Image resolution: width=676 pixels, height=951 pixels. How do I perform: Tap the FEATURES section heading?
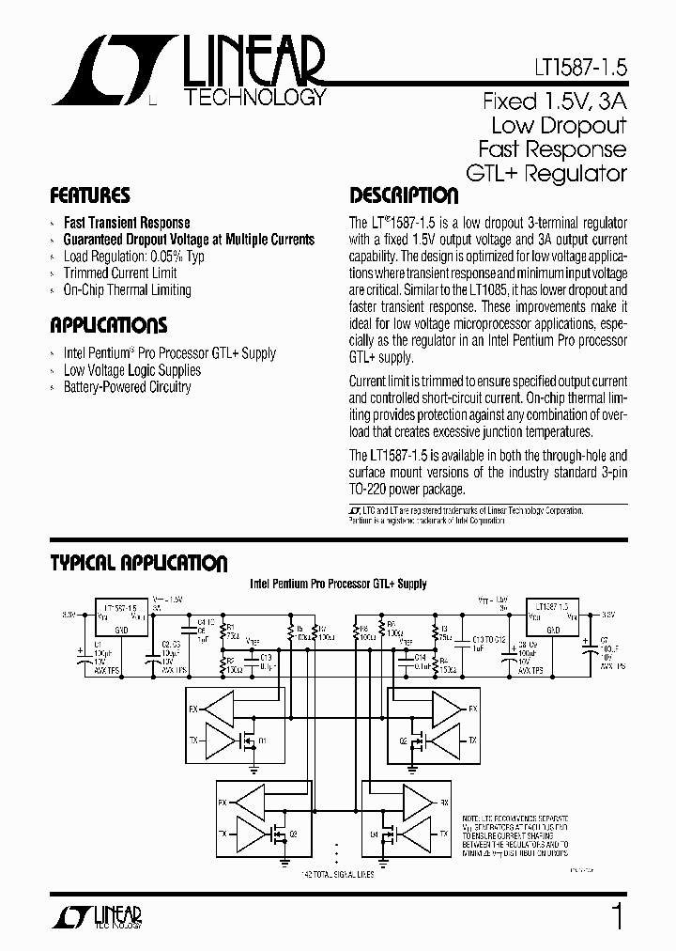[89, 196]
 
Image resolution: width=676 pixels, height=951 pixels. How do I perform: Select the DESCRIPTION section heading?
[404, 196]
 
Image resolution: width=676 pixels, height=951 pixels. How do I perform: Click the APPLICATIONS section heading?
[108, 326]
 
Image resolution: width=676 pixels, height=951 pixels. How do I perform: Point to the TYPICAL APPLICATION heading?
[138, 563]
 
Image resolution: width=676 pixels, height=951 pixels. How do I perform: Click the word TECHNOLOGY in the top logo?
[256, 98]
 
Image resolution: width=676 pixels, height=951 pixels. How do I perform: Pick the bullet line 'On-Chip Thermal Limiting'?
[127, 290]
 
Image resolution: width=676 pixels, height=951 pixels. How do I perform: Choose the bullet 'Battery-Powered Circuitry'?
[127, 387]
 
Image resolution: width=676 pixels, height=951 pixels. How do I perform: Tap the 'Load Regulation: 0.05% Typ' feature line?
[133, 257]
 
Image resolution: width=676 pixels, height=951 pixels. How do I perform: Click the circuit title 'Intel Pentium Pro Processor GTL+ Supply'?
[338, 584]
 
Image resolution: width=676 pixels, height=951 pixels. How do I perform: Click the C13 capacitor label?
[265, 656]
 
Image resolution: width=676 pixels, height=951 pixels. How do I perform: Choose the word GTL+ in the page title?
[493, 173]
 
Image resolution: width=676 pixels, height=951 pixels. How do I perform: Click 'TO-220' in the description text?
[371, 489]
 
